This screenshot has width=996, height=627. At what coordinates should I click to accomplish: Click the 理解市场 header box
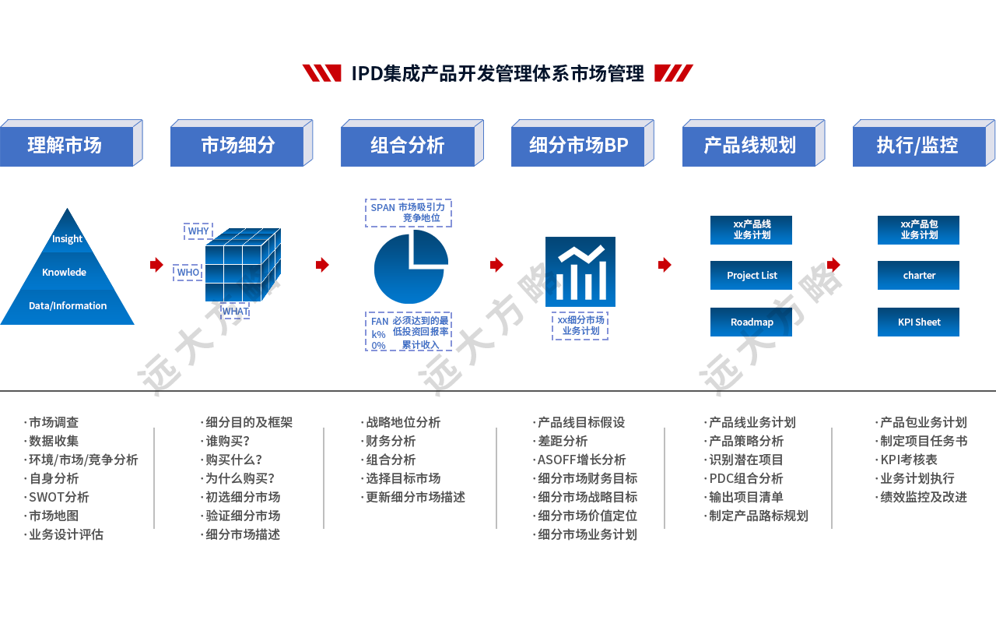[x=65, y=146]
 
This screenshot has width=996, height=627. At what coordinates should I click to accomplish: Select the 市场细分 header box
[x=237, y=146]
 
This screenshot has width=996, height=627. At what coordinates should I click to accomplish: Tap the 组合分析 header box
[x=407, y=146]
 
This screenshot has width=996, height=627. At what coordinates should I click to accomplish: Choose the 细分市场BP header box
[x=578, y=146]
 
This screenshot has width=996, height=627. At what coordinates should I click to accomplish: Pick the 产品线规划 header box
[x=749, y=146]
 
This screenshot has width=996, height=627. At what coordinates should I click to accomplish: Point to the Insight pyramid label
[x=67, y=239]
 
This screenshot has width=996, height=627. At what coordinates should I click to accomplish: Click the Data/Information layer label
[x=67, y=306]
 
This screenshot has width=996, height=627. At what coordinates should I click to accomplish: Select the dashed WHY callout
[x=198, y=231]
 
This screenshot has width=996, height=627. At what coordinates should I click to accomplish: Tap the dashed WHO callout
[x=188, y=273]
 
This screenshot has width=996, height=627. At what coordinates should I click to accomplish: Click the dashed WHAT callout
[x=235, y=311]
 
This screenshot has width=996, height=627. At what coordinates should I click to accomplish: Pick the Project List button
[x=751, y=275]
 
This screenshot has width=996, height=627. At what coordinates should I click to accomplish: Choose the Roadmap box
[x=751, y=322]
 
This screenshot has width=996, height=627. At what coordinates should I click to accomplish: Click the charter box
[x=918, y=275]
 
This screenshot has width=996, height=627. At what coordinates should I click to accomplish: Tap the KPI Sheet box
[x=918, y=322]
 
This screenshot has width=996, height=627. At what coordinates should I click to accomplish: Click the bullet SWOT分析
[x=58, y=497]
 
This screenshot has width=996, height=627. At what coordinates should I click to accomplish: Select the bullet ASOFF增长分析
[x=581, y=460]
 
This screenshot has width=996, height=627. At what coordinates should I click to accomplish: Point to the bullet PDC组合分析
[x=745, y=478]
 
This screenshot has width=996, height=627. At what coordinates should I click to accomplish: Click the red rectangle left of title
[x=321, y=73]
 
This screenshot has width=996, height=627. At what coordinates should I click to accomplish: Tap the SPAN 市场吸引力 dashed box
[x=408, y=213]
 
